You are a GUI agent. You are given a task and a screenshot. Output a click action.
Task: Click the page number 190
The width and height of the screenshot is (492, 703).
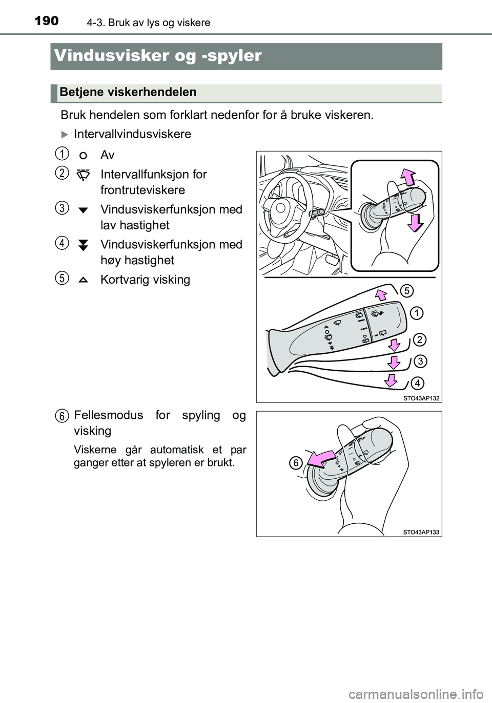[x=47, y=22]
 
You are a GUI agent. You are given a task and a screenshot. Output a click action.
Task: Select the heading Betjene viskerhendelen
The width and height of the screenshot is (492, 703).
[x=128, y=92]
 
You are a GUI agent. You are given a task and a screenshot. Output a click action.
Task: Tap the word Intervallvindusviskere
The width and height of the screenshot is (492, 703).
[x=133, y=134]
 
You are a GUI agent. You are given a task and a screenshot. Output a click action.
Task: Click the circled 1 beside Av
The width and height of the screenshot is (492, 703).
[x=62, y=154]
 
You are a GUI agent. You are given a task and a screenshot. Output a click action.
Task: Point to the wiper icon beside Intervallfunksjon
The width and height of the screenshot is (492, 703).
[x=83, y=175]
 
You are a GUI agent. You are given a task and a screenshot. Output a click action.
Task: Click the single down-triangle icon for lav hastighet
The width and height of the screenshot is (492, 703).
[x=83, y=210]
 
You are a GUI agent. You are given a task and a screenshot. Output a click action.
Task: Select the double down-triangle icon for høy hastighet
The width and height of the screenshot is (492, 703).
[x=83, y=245]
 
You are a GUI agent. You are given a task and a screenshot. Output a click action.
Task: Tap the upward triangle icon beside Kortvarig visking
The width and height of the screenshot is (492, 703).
[x=83, y=280]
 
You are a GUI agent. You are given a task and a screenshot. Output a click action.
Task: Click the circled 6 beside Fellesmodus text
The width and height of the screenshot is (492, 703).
[x=62, y=416]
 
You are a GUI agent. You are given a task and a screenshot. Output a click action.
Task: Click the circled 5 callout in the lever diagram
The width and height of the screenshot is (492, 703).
[x=406, y=291]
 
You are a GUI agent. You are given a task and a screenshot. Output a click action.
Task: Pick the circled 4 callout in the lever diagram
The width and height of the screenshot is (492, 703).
[x=417, y=383]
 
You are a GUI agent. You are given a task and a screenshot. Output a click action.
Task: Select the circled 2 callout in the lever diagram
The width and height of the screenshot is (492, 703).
[x=419, y=340]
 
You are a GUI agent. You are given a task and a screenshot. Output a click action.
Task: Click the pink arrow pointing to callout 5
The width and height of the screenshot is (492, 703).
[x=381, y=295]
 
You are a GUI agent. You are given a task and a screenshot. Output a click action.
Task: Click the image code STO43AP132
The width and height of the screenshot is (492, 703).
[x=421, y=398]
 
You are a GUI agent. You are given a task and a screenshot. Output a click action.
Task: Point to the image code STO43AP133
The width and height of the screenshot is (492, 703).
[x=421, y=532]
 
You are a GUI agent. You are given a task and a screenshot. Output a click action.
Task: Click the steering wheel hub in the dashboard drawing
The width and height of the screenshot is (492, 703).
[x=280, y=208]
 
